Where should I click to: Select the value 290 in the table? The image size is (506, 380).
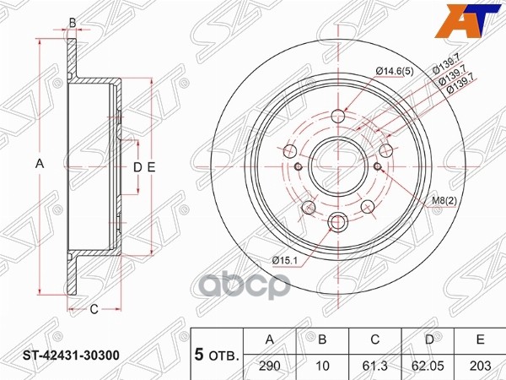270,368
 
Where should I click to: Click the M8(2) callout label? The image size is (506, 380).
444,199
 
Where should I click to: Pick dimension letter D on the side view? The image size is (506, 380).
137,167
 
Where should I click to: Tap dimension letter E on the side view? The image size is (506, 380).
151,167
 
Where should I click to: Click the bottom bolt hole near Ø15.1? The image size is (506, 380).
340,222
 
